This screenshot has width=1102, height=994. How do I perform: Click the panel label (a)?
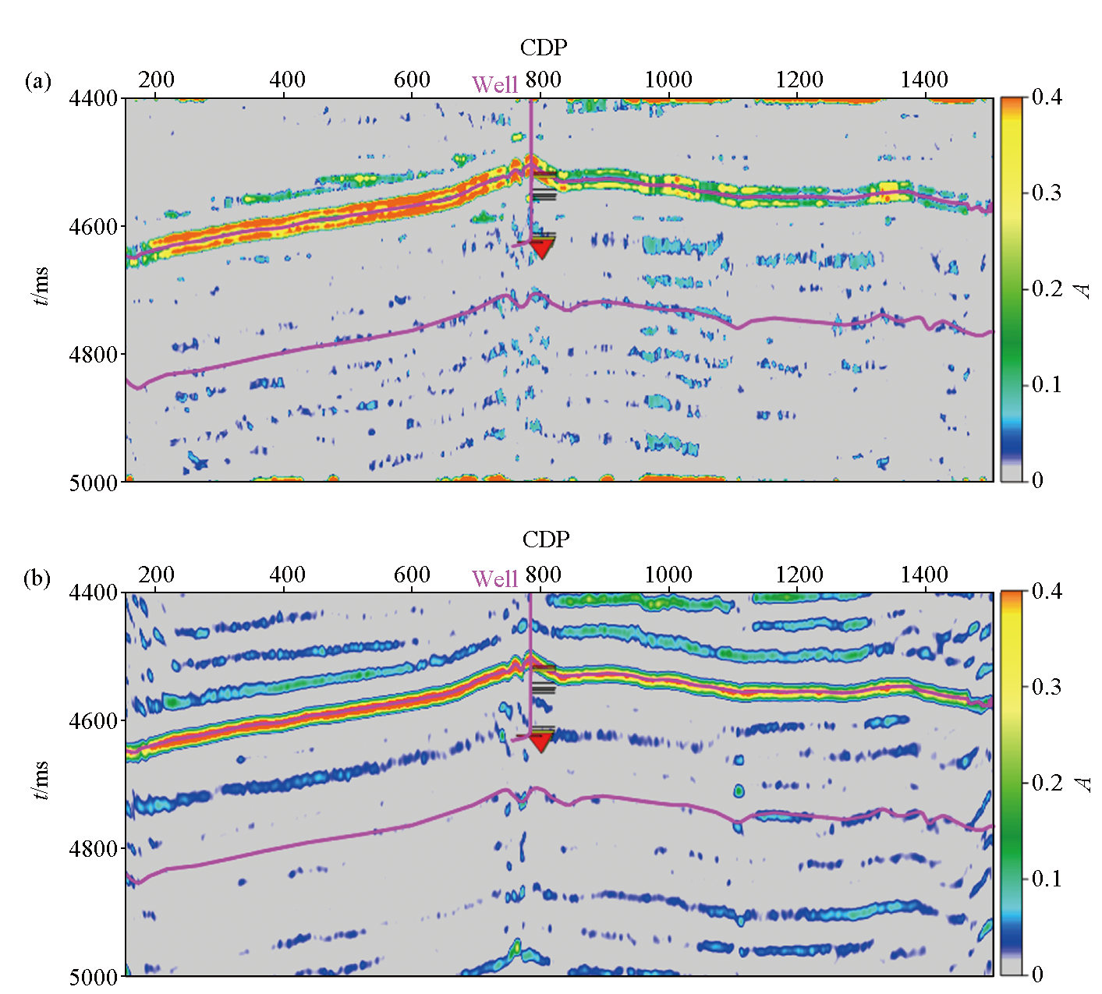37,81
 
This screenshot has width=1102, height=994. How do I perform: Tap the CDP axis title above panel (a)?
544,48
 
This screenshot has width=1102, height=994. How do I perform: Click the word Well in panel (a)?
494,84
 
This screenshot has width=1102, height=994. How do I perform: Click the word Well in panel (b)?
494,579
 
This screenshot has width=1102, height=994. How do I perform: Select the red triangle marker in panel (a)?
541,249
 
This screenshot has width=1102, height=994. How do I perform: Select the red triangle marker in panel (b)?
540,741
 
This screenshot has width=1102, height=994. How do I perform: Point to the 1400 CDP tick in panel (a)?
924,80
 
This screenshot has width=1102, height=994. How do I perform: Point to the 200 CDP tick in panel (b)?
156,575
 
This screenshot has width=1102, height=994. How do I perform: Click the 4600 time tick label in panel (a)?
93,227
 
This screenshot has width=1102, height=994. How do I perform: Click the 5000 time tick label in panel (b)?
93,977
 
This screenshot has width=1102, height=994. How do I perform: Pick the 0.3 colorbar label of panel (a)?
1047,193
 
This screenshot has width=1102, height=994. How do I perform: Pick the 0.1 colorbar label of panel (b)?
1047,879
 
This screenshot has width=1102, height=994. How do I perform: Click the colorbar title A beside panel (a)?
1083,290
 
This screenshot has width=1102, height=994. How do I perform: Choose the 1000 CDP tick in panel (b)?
668,575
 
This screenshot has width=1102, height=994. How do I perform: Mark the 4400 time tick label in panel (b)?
93,593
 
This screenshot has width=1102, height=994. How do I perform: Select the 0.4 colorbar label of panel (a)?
1047,97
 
